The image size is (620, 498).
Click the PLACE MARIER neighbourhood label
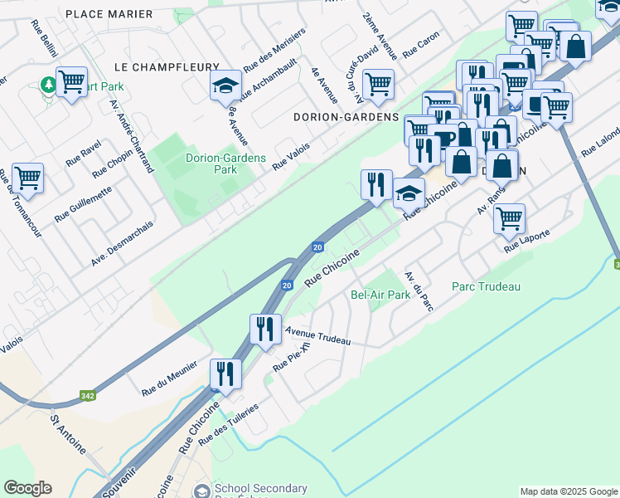tap(109, 14)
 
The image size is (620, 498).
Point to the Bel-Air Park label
tap(380, 295)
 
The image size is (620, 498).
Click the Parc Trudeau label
tap(486, 286)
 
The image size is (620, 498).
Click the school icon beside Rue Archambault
tap(225, 85)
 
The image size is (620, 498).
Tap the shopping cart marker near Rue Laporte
tap(508, 218)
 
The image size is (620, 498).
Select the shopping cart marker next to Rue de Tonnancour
tap(27, 177)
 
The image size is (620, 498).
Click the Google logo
tap(27, 488)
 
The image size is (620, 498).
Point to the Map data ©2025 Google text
tap(567, 491)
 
